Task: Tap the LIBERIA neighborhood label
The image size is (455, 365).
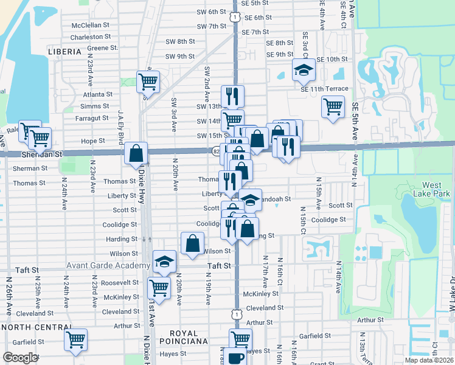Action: click(64, 52)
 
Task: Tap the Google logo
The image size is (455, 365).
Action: click(20, 358)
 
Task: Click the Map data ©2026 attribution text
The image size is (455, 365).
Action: click(429, 360)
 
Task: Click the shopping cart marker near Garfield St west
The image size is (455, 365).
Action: click(76, 340)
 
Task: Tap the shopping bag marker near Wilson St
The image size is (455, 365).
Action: click(192, 243)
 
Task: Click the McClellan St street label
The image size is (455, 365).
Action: click(90, 26)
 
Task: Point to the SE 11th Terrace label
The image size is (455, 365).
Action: click(324, 89)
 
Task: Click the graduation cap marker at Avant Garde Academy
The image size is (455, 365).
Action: click(163, 262)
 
